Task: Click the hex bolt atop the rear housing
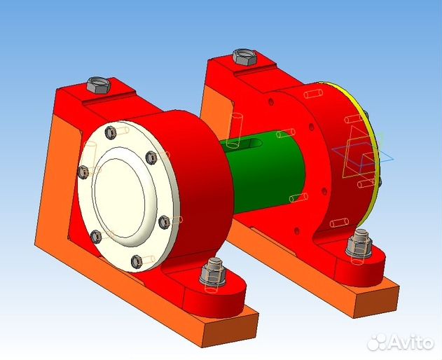[243, 57]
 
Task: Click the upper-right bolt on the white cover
[149, 158]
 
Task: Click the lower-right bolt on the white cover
[165, 221]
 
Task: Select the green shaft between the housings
[263, 175]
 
